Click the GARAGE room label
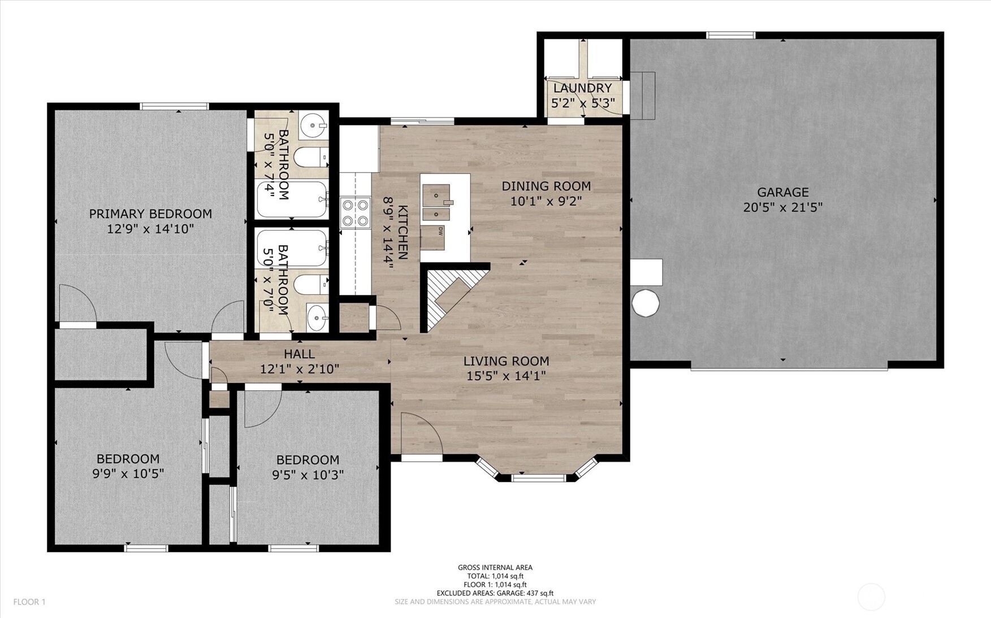click(x=782, y=193)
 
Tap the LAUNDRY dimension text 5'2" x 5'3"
click(x=582, y=103)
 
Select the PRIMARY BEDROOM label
click(x=150, y=214)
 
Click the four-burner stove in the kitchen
click(x=354, y=213)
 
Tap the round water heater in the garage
click(x=645, y=303)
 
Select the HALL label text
click(x=299, y=354)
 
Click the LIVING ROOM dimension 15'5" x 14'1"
click(x=506, y=376)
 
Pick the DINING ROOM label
click(x=546, y=186)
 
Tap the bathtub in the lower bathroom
click(x=292, y=248)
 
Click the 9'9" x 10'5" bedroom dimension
click(x=128, y=473)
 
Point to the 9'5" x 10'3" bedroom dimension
click(x=308, y=475)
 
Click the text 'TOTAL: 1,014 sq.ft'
click(x=495, y=576)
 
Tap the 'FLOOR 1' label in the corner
click(x=29, y=602)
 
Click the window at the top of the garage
click(x=730, y=36)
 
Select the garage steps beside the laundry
click(x=643, y=95)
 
